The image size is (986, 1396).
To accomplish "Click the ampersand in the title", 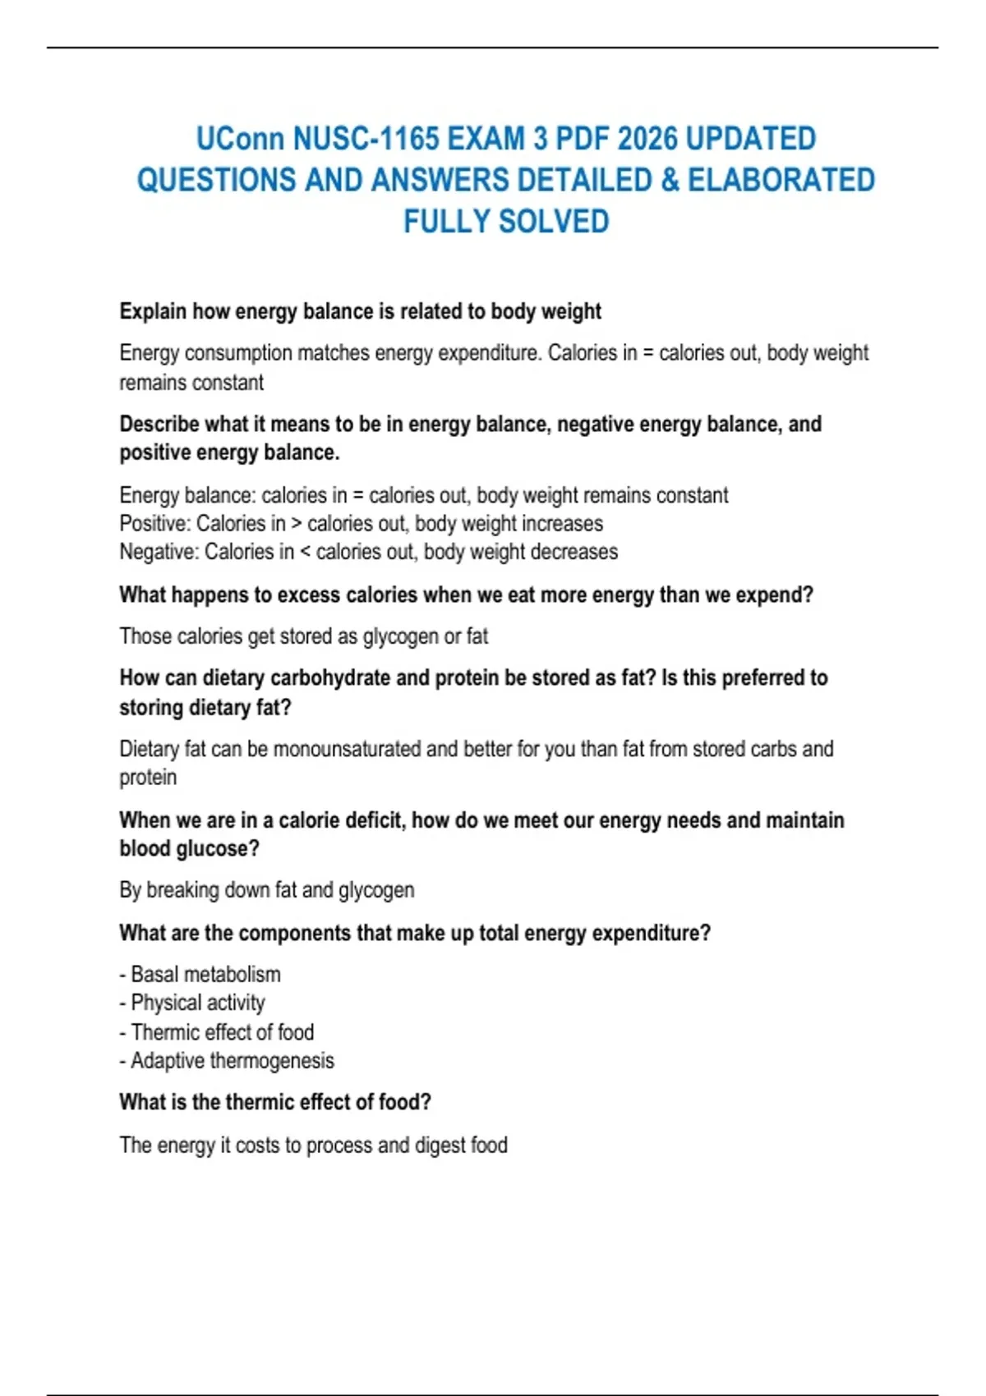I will click(x=670, y=181).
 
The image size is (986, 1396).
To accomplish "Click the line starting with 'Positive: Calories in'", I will click(x=361, y=524).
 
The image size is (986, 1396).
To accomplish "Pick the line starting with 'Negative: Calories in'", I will click(x=368, y=552).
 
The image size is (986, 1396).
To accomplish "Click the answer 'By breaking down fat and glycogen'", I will click(x=266, y=890).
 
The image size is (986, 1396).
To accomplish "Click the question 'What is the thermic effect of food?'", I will click(x=274, y=1102).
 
